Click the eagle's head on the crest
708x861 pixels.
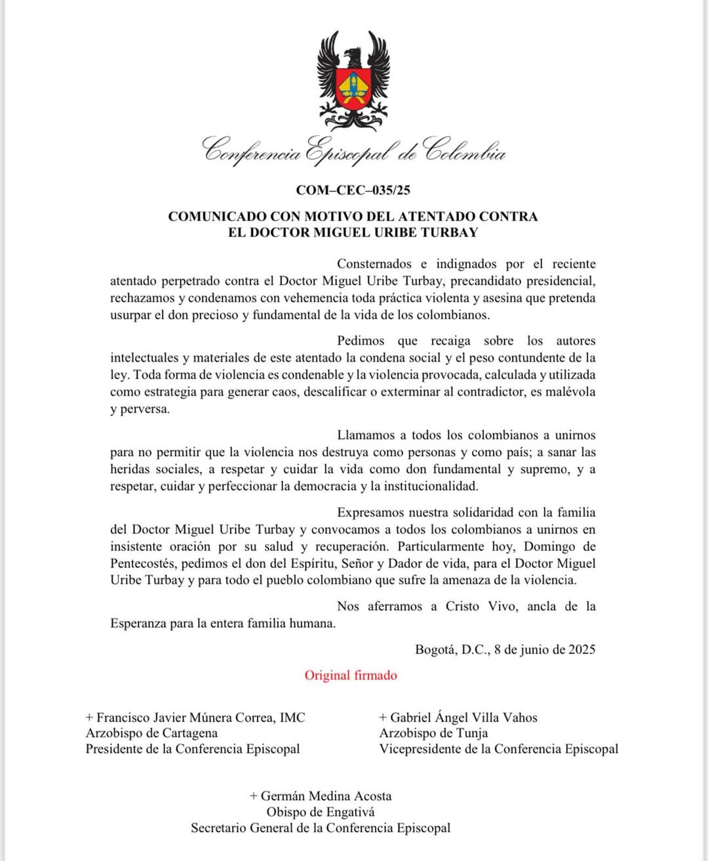(353, 55)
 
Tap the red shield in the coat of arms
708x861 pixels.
(353, 88)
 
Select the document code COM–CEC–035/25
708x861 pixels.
(353, 190)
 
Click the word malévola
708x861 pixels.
(570, 392)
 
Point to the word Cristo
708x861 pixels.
(462, 606)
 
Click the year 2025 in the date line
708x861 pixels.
(581, 649)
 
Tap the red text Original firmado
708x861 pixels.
(351, 676)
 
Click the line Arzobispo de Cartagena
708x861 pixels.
(151, 733)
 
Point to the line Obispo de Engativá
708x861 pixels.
(321, 812)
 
